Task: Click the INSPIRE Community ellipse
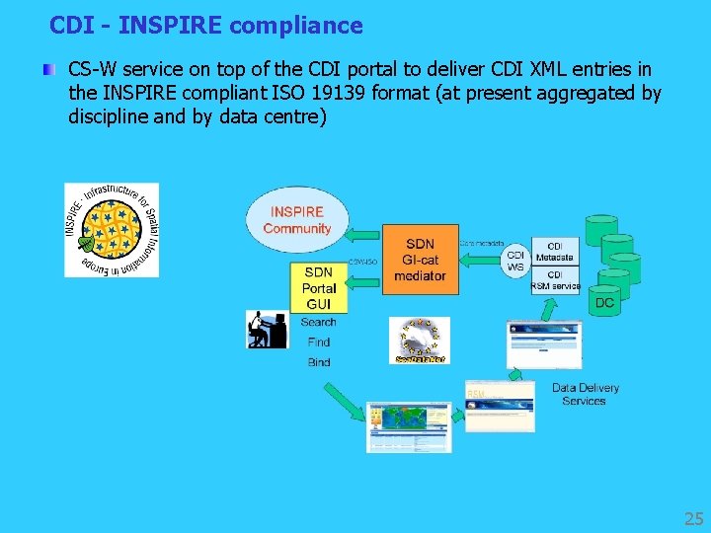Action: pos(296,220)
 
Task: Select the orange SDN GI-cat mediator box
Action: pos(420,260)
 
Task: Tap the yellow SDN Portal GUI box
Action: pos(318,287)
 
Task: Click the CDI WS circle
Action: pos(515,260)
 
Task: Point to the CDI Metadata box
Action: pos(555,252)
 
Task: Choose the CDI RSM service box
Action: pos(555,279)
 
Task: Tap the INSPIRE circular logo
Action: pos(112,230)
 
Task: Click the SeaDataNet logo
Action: pos(420,341)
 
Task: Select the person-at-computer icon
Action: pos(266,329)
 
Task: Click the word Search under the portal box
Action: pos(318,322)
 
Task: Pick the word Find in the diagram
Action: pos(318,343)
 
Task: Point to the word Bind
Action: pos(318,362)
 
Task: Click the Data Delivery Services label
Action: pos(585,394)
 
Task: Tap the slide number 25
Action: pos(693,518)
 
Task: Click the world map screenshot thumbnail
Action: pos(408,426)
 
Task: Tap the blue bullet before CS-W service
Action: pos(47,71)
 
